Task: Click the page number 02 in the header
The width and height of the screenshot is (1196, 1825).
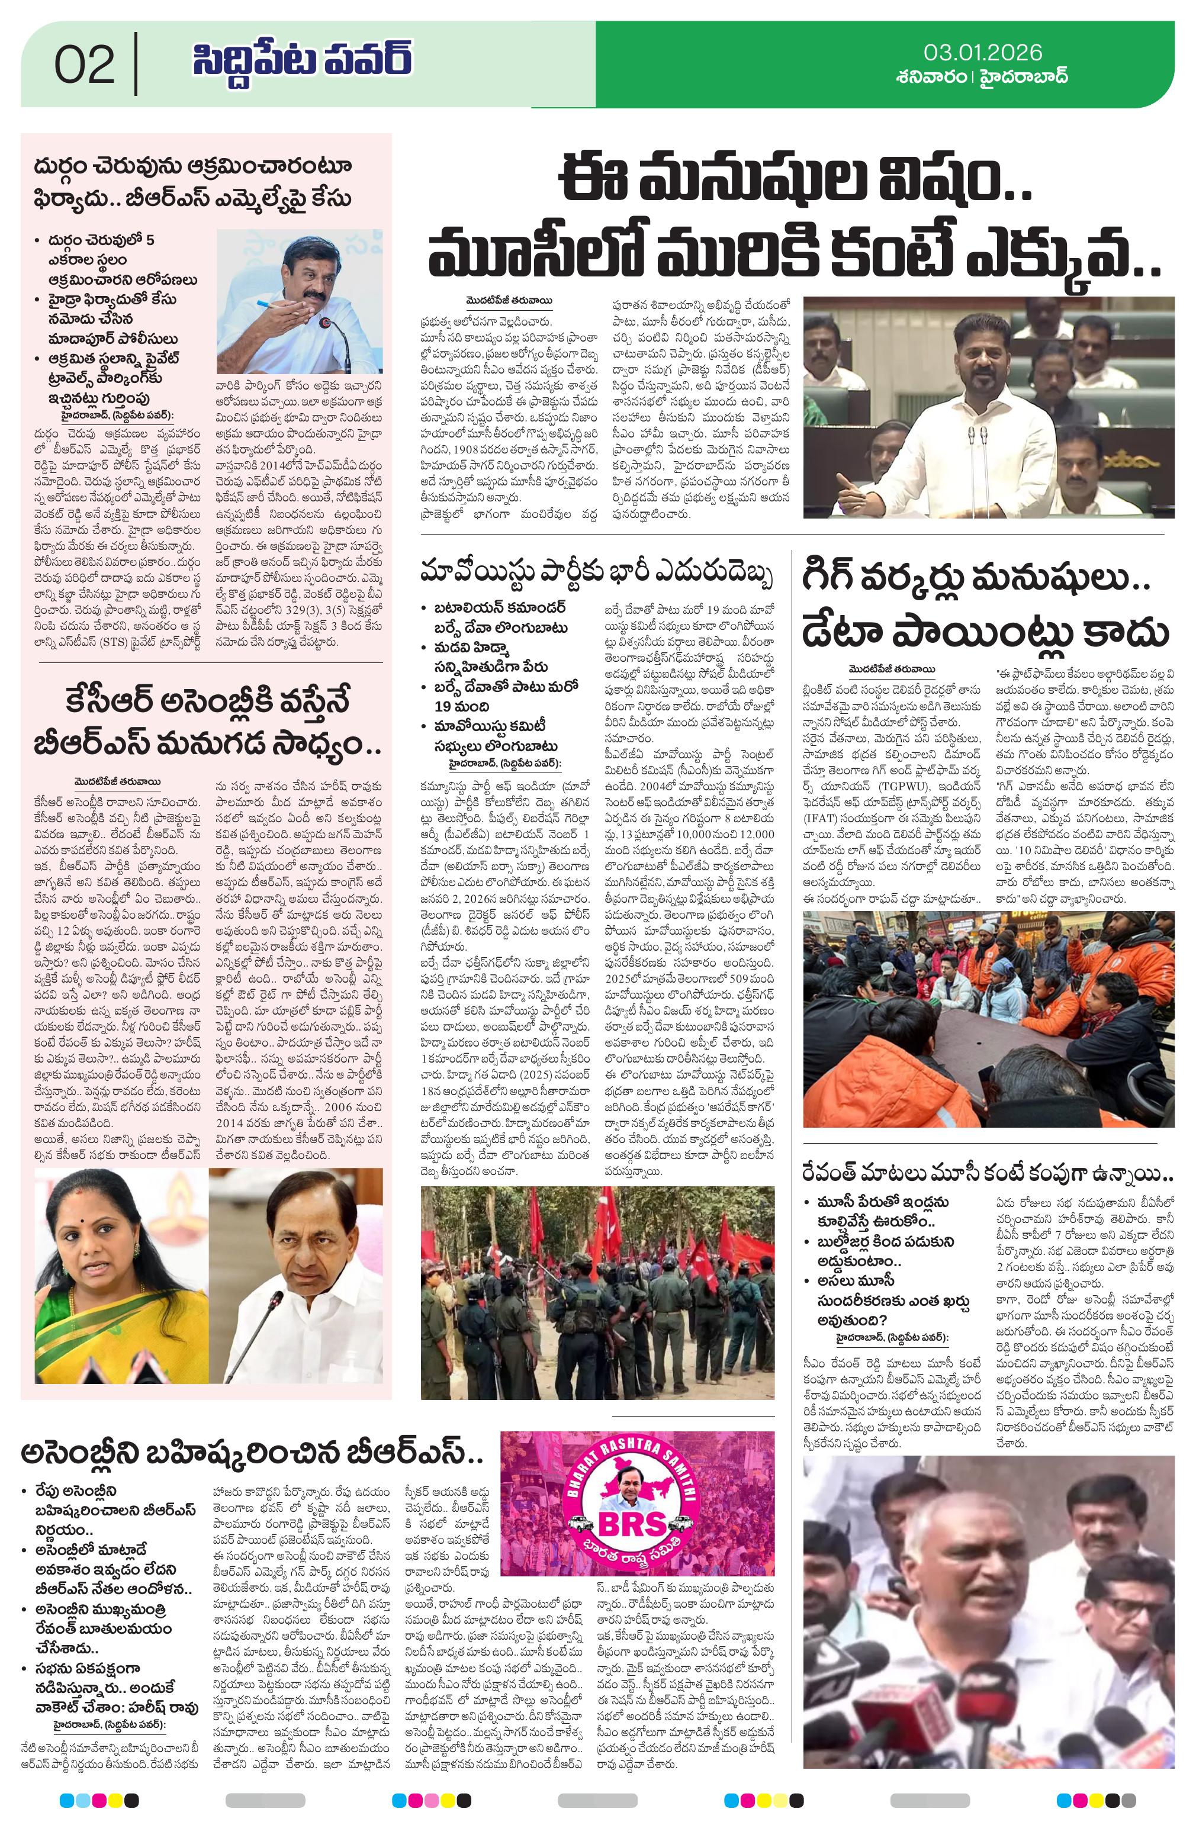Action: (x=85, y=65)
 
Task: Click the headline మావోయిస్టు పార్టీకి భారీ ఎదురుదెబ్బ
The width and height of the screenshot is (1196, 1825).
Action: (x=596, y=573)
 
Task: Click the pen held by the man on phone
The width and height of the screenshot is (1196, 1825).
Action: (x=270, y=304)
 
